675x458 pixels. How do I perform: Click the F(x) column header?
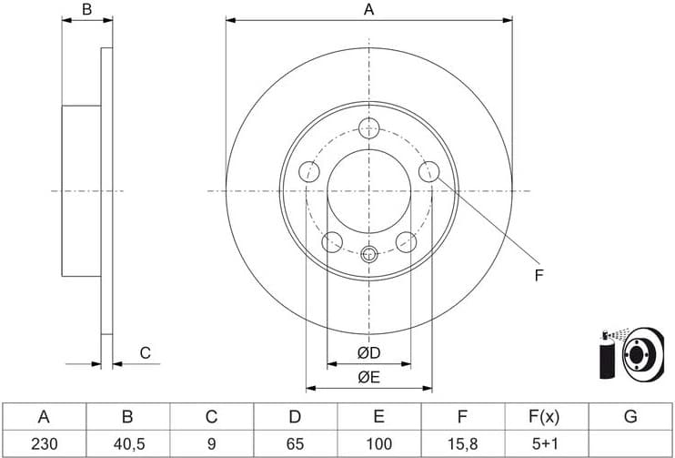(x=546, y=417)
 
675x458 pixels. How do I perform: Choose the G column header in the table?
(x=630, y=417)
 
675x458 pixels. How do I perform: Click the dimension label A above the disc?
(x=368, y=10)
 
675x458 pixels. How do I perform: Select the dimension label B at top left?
(x=86, y=10)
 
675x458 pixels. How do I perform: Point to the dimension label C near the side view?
(x=144, y=353)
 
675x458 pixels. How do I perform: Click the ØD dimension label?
(x=368, y=352)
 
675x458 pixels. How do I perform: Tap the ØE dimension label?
(x=368, y=376)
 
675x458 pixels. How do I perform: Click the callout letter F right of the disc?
(x=539, y=274)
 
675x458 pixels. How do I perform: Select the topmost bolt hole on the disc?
(x=368, y=127)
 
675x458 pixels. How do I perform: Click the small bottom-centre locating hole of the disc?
(x=368, y=254)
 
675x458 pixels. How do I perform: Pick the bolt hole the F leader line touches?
(x=428, y=171)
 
